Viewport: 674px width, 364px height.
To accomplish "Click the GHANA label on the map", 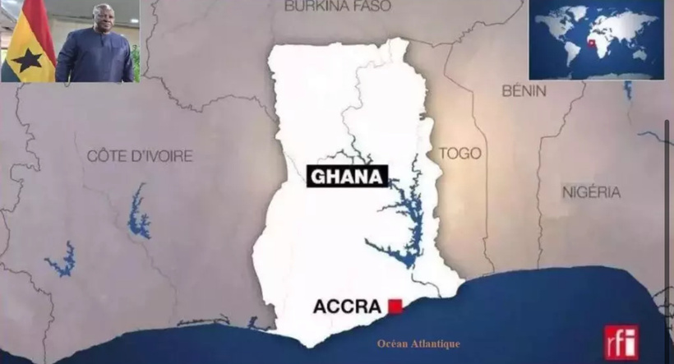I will (347, 177).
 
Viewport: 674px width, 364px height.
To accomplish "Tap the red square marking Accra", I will (395, 306).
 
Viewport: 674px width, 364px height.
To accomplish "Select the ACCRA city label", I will (347, 307).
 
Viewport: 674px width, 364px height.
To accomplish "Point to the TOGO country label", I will (459, 154).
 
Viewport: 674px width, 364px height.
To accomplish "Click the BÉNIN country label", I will (524, 90).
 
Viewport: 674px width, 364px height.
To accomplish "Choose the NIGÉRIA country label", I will (591, 192).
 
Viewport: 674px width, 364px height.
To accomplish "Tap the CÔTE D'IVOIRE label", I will (140, 155).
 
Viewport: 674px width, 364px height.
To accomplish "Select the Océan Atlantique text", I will (418, 343).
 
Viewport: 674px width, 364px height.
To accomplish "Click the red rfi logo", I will (621, 342).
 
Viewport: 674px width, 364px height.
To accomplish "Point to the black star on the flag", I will (27, 58).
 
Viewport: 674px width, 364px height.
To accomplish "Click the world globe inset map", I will (596, 39).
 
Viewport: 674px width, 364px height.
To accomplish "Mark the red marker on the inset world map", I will (591, 44).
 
